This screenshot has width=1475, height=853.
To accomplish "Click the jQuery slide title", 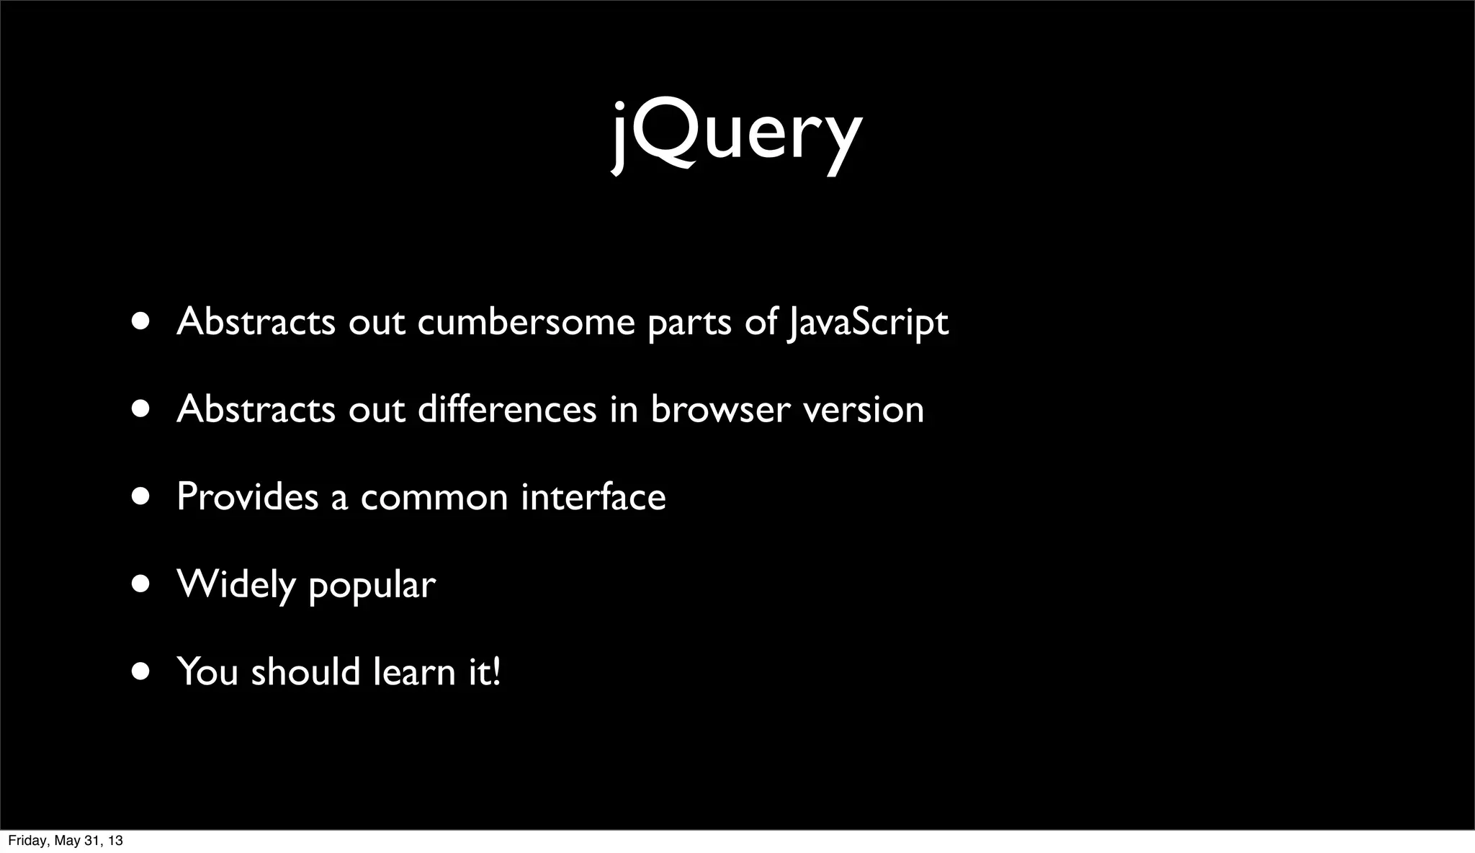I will (737, 133).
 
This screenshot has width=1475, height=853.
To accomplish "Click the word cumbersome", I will (526, 322).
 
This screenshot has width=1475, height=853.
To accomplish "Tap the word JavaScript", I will (867, 322).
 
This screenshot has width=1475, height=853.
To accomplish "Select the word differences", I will (507, 409).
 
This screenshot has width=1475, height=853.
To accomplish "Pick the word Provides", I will (247, 496).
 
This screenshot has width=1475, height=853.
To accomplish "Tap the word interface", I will (593, 496).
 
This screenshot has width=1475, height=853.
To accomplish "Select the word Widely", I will (236, 584).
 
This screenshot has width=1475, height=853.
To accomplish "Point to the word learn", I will (414, 671).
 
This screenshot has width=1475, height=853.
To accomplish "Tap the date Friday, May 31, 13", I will (65, 841).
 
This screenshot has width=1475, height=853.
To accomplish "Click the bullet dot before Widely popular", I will (141, 584).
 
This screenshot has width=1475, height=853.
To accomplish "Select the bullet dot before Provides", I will (141, 496).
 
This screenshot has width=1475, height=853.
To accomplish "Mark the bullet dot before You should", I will (141, 671).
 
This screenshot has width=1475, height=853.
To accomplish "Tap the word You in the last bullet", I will (207, 671).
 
